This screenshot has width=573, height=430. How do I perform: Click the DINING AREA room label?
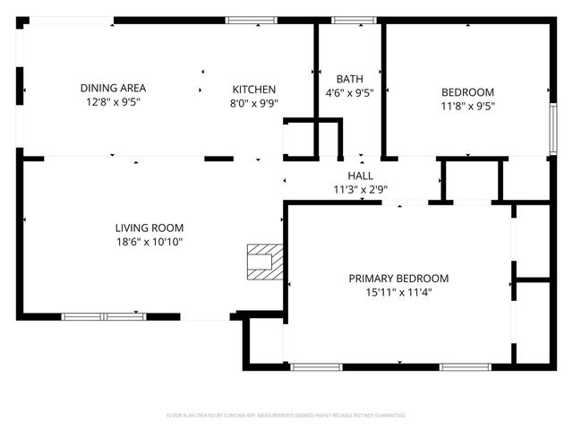tap(113, 88)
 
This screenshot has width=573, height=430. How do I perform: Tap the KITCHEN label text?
tap(254, 90)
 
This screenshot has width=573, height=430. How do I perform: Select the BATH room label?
tap(348, 78)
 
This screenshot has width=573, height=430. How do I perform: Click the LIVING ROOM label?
tap(149, 227)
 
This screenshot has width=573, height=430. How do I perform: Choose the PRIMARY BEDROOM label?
tap(398, 279)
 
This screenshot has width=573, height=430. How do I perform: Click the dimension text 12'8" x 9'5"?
tap(113, 102)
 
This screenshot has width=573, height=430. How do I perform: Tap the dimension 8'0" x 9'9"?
tap(254, 103)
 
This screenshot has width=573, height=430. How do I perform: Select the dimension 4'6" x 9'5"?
tap(348, 91)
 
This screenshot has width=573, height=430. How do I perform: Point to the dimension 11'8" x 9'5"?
tap(467, 105)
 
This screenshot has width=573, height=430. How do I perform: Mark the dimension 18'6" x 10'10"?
tap(149, 241)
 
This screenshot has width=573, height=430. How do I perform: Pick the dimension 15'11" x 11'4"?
tap(398, 292)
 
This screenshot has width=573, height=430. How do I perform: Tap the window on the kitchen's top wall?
tap(251, 19)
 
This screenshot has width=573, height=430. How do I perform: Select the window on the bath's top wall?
tap(347, 19)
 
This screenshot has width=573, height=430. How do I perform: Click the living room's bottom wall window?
tap(104, 316)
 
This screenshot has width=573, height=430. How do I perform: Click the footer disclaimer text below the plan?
tap(286, 416)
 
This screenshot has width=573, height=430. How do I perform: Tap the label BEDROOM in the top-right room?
tap(467, 91)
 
